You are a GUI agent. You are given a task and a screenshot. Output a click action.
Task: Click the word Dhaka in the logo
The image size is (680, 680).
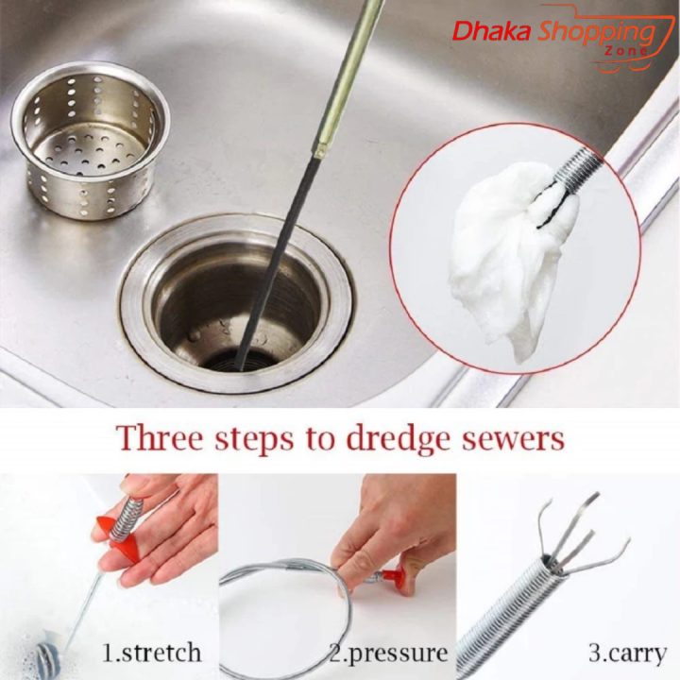tap(492, 31)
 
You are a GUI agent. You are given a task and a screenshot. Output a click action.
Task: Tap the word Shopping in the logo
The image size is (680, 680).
tap(596, 32)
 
